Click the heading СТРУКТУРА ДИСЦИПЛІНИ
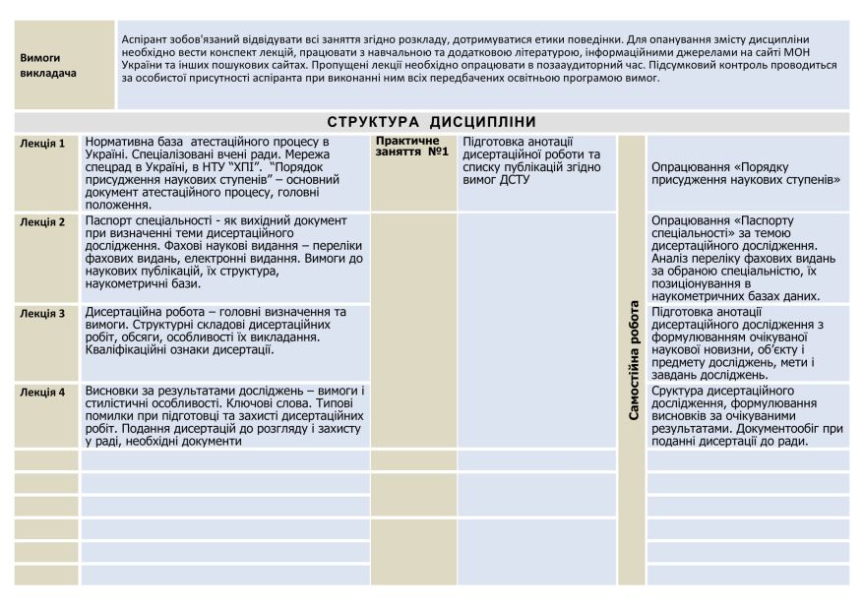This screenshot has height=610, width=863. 431,122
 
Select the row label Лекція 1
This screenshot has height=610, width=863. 42,144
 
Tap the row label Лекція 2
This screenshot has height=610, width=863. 42,222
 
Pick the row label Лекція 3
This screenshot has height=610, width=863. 42,314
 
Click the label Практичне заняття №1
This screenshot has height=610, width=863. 412,147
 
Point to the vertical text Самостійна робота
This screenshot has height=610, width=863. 633,359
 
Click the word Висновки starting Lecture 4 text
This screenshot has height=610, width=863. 112,391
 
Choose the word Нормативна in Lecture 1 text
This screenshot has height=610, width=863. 121,143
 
